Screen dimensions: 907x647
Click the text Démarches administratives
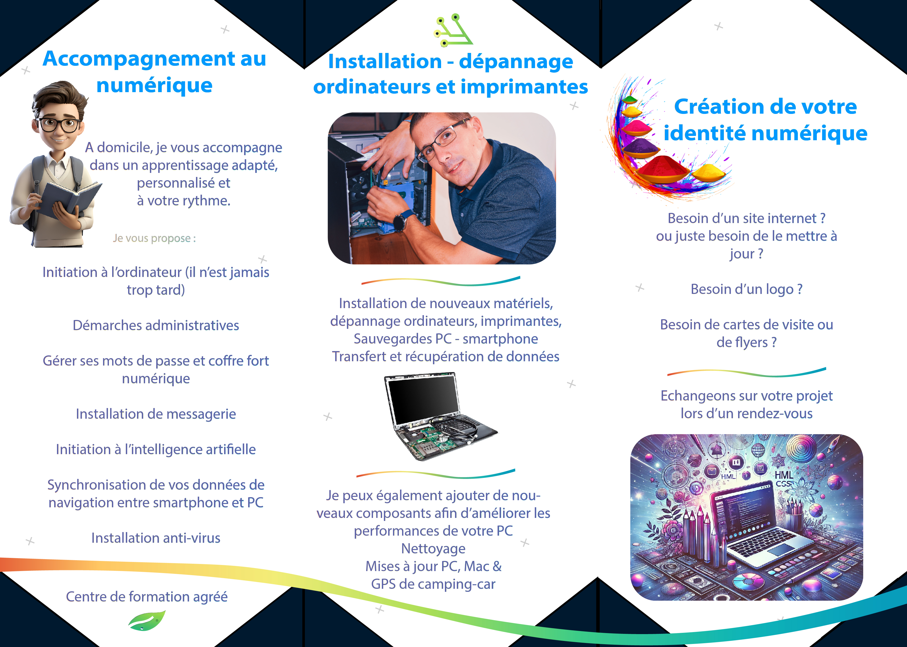(x=156, y=326)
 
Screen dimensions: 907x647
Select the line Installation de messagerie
(x=156, y=414)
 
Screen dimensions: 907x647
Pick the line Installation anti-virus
(x=156, y=538)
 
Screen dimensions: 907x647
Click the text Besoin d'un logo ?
(x=746, y=289)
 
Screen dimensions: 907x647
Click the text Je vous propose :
(x=154, y=238)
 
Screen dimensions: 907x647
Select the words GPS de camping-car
(x=433, y=584)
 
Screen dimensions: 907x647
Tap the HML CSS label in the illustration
(x=783, y=479)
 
